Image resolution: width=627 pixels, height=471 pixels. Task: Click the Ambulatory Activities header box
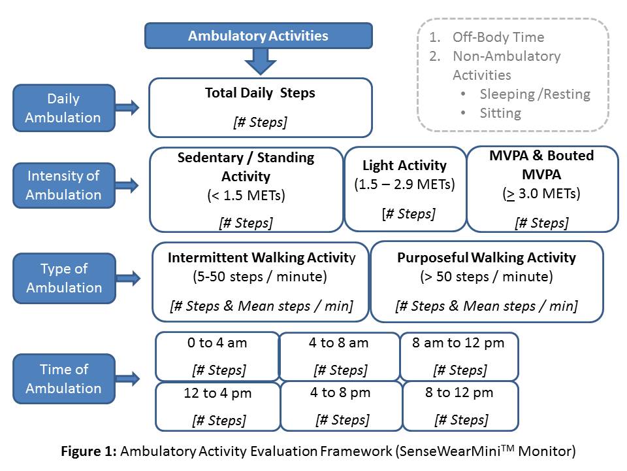pyautogui.click(x=258, y=35)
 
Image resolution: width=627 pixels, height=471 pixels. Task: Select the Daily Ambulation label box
pyautogui.click(x=63, y=108)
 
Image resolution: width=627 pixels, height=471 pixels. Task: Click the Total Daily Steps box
pyautogui.click(x=260, y=107)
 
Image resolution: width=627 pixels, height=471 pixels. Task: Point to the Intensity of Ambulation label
pyautogui.click(x=63, y=185)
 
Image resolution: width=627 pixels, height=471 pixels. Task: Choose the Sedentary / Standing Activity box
pyautogui.click(x=246, y=190)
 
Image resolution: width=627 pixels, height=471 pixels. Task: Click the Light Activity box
pyautogui.click(x=404, y=188)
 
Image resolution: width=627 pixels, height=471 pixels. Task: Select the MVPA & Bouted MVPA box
pyautogui.click(x=541, y=188)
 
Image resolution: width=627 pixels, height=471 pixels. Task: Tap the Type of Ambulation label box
pyautogui.click(x=63, y=278)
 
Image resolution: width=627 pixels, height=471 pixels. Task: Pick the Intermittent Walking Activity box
pyautogui.click(x=261, y=282)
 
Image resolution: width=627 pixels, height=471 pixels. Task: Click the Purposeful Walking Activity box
pyautogui.click(x=487, y=282)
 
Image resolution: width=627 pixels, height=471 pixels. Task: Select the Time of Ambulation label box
pyautogui.click(x=63, y=379)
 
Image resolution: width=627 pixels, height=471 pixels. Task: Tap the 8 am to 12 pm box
pyautogui.click(x=458, y=357)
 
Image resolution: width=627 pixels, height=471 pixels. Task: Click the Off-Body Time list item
pyautogui.click(x=498, y=37)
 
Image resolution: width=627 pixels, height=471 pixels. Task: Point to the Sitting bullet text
pyautogui.click(x=500, y=113)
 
